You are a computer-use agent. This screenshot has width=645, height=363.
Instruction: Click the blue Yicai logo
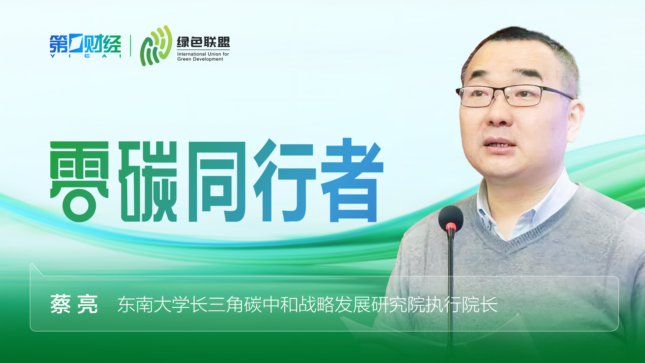pyautogui.click(x=85, y=46)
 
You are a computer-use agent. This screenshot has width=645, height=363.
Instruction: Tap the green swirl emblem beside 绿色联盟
pyautogui.click(x=156, y=46)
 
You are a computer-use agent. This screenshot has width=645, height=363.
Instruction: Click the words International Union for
pyautogui.click(x=203, y=54)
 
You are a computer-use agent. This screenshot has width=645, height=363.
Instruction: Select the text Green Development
pyautogui.click(x=200, y=59)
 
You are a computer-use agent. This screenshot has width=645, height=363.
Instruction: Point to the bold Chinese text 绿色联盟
pyautogui.click(x=203, y=42)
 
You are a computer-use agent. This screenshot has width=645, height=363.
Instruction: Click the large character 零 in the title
pyautogui.click(x=80, y=182)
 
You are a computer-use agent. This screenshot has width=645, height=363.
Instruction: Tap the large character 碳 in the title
pyautogui.click(x=148, y=182)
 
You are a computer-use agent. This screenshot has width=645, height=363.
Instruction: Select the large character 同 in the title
pyautogui.click(x=217, y=182)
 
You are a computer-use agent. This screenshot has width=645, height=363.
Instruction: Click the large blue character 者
pyautogui.click(x=352, y=180)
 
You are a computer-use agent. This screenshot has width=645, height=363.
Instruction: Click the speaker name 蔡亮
pyautogui.click(x=74, y=304)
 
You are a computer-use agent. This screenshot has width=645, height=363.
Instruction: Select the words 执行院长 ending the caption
pyautogui.click(x=461, y=305)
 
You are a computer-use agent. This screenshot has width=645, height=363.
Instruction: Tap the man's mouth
pyautogui.click(x=499, y=144)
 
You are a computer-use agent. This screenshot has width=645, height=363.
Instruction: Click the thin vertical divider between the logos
pyautogui.click(x=130, y=46)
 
